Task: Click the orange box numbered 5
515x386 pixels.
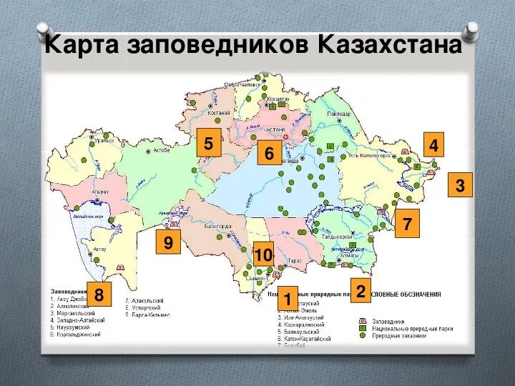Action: [208, 144]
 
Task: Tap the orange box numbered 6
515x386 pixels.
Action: [270, 154]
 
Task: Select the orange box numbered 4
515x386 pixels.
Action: [433, 145]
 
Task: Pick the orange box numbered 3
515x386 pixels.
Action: [460, 186]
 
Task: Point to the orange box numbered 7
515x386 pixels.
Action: [407, 224]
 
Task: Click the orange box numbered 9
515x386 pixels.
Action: [168, 243]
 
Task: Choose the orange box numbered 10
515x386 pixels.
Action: [263, 254]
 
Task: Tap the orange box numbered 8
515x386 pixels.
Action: [99, 294]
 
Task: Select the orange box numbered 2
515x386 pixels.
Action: [360, 291]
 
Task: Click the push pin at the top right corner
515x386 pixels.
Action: [471, 29]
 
